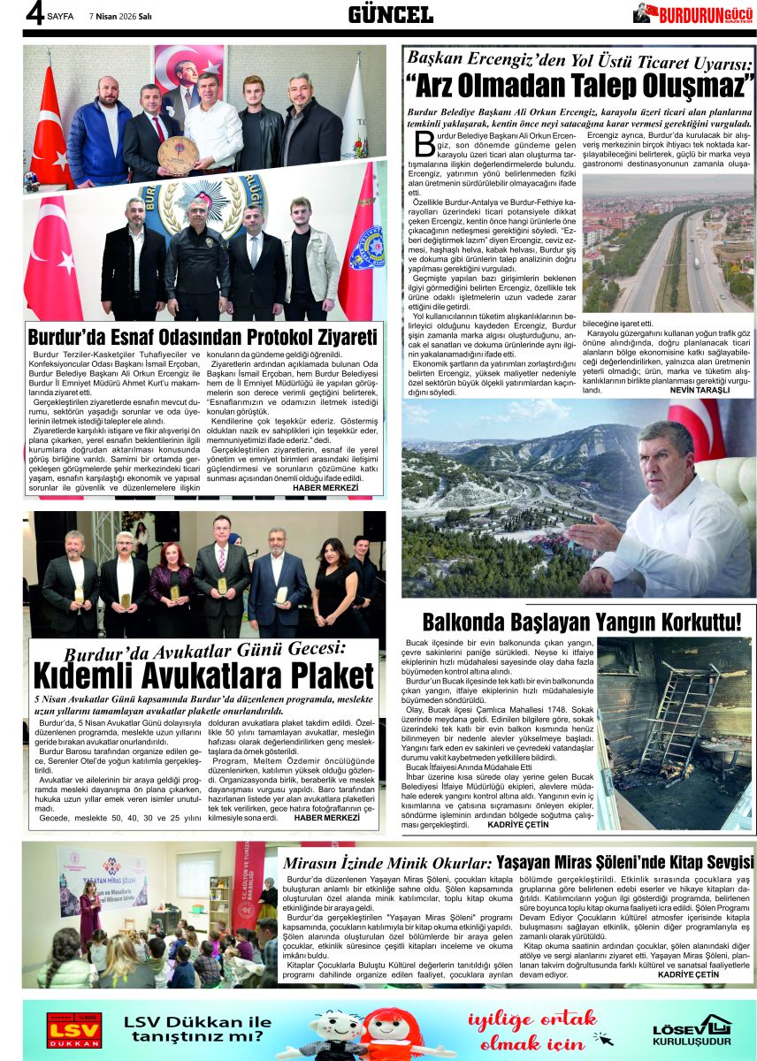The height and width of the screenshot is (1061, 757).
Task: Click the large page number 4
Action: point(34,15)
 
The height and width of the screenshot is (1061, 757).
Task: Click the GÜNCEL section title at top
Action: point(390,14)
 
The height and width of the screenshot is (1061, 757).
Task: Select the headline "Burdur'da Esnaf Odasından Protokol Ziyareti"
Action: point(203,337)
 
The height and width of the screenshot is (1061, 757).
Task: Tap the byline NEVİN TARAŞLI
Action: point(700,389)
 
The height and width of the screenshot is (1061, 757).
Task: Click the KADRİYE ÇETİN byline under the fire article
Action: point(518,824)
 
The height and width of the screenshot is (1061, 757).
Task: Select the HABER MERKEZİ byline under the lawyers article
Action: point(326,818)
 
